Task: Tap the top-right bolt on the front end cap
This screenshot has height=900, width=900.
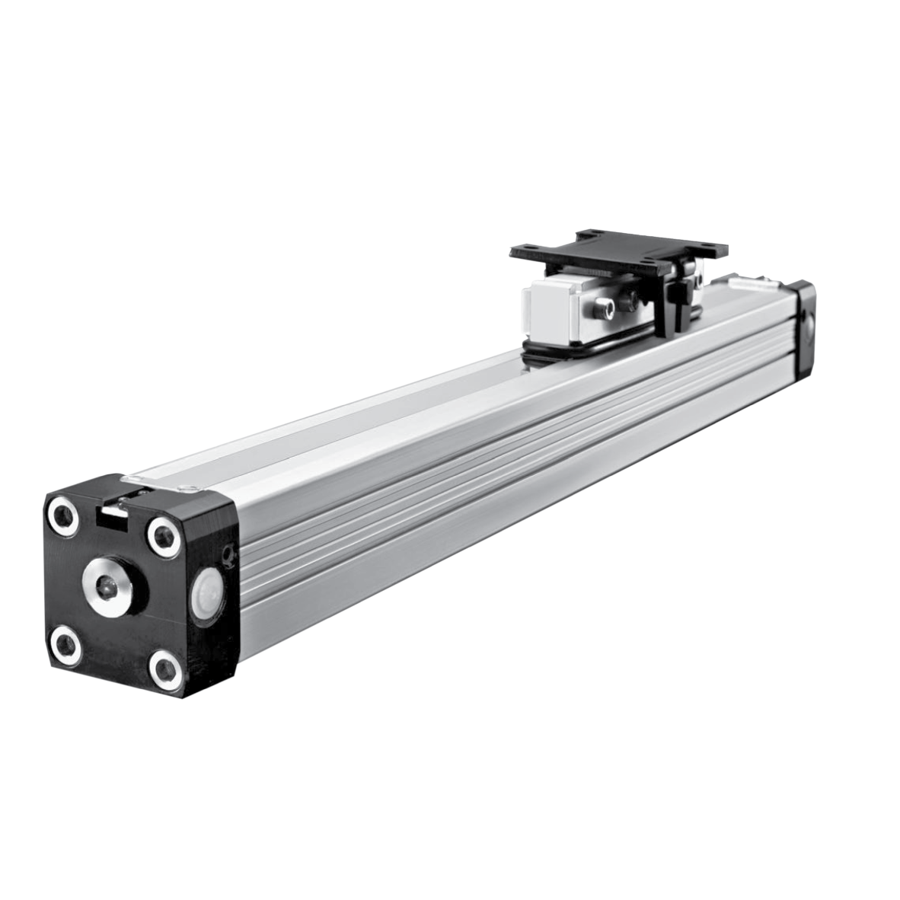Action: pos(162,533)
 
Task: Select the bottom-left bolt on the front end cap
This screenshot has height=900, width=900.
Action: pos(66,647)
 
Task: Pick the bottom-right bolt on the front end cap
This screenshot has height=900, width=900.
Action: pos(164,668)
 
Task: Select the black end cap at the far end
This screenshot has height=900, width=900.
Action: pos(803,328)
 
